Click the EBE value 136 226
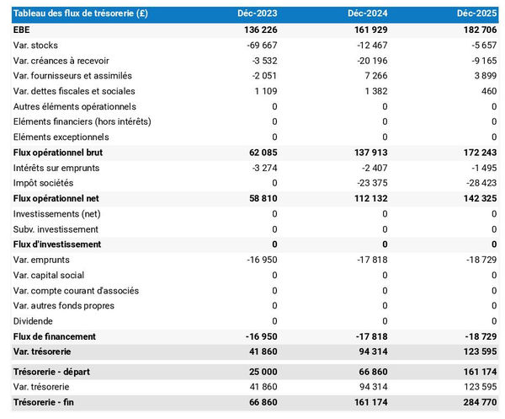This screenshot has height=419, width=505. point(258,30)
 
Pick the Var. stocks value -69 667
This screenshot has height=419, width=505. point(258,45)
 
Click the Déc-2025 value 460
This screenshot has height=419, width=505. point(490,91)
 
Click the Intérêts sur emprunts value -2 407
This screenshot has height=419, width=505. point(370,168)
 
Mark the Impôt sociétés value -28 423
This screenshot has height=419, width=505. point(480,183)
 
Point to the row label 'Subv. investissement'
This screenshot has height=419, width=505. point(56,229)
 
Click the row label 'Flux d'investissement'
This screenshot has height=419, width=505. point(57,244)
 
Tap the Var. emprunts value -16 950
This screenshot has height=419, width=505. point(258,260)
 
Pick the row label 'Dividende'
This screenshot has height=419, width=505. point(34,321)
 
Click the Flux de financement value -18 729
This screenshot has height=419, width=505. point(480,336)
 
